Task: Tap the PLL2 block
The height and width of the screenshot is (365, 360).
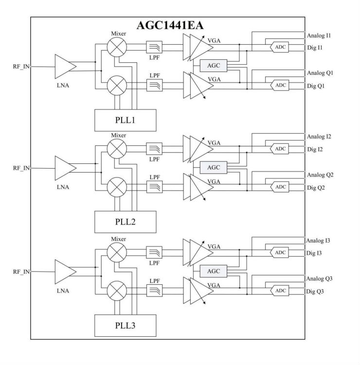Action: [125, 222]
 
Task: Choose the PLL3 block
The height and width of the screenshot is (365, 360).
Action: [125, 325]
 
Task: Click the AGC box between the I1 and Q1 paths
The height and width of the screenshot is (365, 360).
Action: [214, 65]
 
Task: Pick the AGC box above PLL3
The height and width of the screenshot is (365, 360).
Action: [214, 271]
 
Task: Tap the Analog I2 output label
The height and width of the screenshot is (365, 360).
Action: [320, 137]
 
